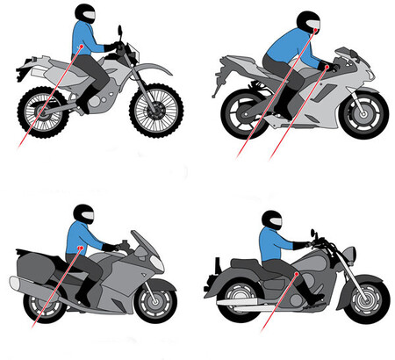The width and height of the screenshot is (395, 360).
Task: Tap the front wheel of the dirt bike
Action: pos(156,107)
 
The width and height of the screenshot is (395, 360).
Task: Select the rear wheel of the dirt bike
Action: pos(40,108)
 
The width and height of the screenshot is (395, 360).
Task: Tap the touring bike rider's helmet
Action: pos(83,214)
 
